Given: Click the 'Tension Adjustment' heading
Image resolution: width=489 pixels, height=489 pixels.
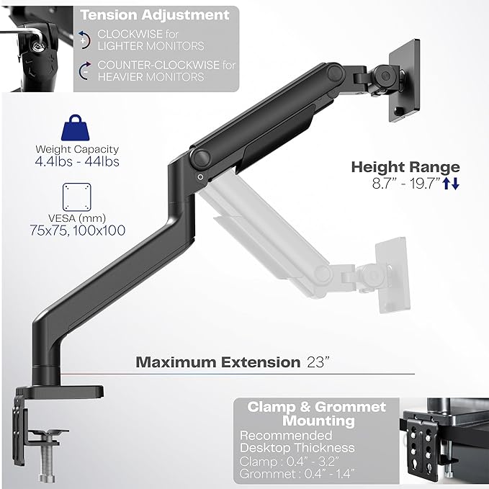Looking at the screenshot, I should (x=155, y=14).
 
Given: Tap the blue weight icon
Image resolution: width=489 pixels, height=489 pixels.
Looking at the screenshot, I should (x=77, y=130).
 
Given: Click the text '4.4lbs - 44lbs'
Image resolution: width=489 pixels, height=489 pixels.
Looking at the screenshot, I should (x=77, y=162).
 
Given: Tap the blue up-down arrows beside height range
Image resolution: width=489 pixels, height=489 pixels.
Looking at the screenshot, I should (x=451, y=184).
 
